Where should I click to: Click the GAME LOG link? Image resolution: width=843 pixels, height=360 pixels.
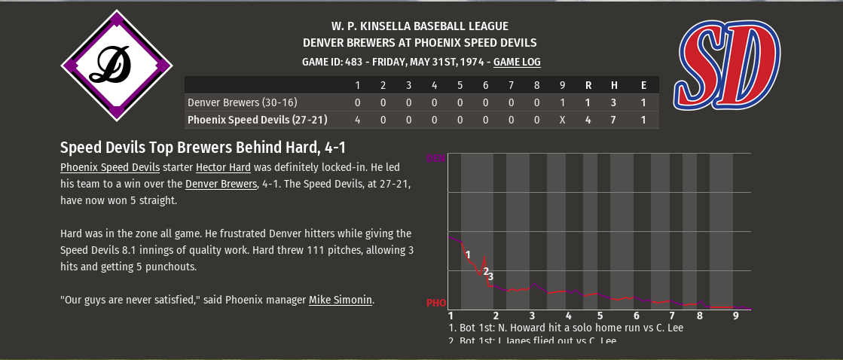tap(517, 63)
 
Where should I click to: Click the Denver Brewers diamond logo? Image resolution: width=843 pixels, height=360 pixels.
tap(117, 65)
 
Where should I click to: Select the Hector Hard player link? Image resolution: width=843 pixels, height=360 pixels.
tap(223, 167)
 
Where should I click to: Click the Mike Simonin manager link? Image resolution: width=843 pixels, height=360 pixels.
tap(341, 300)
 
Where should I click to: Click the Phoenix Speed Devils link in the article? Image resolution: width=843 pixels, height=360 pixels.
tap(110, 167)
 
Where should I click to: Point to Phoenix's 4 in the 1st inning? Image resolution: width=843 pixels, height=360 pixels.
tap(357, 120)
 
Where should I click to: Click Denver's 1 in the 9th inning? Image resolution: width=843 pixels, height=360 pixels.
tap(562, 102)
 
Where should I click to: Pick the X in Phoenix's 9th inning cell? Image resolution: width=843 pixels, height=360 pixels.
tap(562, 120)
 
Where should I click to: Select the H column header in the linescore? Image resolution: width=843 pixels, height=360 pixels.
tap(614, 84)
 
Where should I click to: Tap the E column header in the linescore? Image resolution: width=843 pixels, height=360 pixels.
tap(643, 84)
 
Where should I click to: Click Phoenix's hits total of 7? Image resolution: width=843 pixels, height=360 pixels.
tap(614, 120)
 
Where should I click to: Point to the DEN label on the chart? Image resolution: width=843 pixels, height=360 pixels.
tap(435, 159)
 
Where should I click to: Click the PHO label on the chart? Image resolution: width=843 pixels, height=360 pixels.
tap(435, 303)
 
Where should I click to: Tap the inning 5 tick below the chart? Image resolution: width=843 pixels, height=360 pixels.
tap(600, 316)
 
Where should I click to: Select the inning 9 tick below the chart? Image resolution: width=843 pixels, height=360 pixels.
tap(735, 316)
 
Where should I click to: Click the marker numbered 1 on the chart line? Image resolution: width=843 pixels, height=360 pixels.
tap(468, 255)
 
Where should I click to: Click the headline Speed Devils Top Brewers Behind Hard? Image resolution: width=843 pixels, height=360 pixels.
tap(203, 148)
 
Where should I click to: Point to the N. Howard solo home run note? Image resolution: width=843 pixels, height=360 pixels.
tap(566, 328)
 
